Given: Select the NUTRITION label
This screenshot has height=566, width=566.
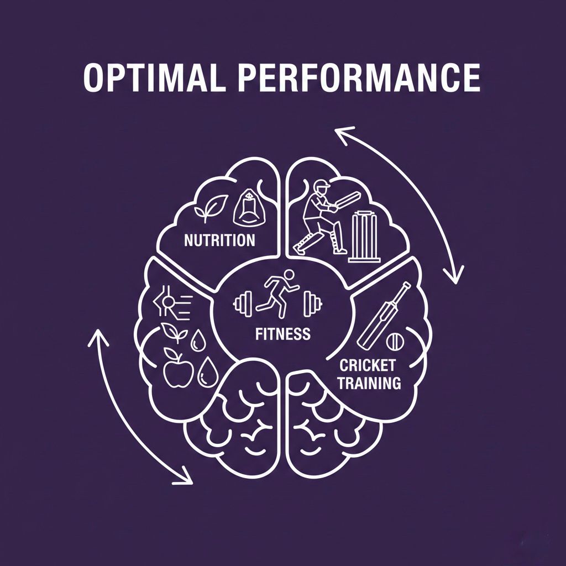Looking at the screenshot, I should click(219, 240).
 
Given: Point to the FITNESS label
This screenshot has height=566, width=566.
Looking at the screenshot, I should click(282, 334).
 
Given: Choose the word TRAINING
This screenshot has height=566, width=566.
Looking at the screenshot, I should click(369, 382).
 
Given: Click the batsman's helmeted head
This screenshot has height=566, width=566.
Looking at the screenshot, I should click(320, 189).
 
